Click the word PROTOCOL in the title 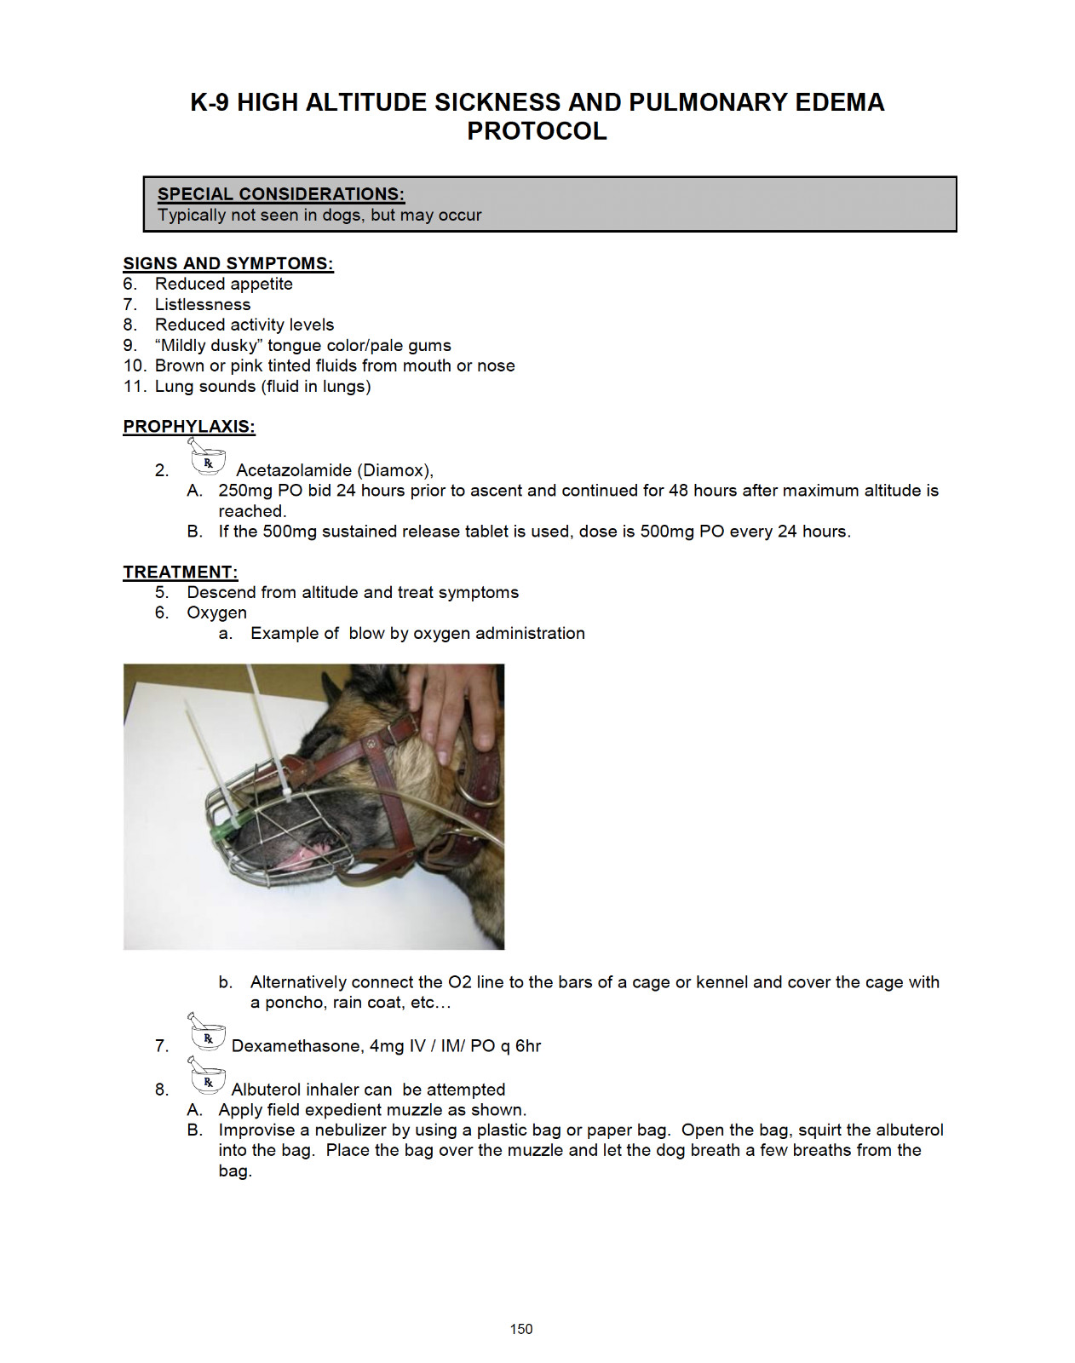tap(537, 131)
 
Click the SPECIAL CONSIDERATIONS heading tap(281, 194)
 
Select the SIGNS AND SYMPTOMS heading tap(228, 263)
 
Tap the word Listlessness tap(203, 305)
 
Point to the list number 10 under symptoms tap(135, 366)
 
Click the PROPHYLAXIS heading tap(189, 426)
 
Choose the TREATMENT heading tap(181, 572)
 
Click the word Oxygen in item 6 tap(216, 613)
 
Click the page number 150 tap(521, 1330)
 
